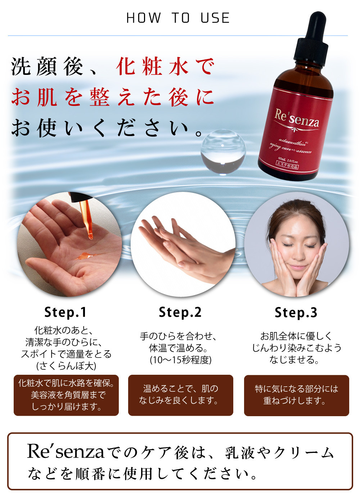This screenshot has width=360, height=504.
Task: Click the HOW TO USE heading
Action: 178,18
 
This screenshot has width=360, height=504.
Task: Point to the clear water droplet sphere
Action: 223,152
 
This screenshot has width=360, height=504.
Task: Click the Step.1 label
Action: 65,312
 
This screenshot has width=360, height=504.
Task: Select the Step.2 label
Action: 180,312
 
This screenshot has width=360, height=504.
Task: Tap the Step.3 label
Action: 296,313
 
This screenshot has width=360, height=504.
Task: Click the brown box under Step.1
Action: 66,395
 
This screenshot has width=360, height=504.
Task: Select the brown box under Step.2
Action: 181,395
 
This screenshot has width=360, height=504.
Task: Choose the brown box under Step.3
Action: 297,395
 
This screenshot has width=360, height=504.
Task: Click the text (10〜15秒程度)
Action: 181,360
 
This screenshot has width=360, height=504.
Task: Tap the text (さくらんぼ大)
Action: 66,366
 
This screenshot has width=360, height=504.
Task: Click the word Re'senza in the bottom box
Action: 66,452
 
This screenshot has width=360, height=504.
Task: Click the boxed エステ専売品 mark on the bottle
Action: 287,165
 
